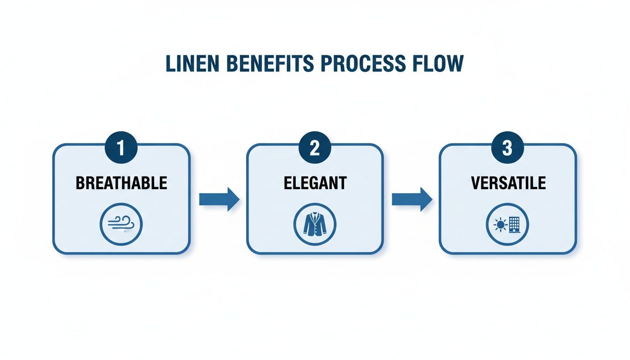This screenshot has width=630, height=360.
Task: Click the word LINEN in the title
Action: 191,64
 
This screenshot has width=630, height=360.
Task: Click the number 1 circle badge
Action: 121,149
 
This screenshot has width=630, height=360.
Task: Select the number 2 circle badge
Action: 315,149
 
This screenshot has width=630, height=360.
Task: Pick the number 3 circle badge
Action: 507,149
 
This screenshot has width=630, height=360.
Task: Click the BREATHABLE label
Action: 121,183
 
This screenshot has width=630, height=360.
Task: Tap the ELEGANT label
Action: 315,183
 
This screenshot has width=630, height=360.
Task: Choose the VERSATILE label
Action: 508,183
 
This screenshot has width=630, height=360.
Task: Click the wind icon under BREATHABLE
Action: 121,225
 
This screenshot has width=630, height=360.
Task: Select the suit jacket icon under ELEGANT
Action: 315,225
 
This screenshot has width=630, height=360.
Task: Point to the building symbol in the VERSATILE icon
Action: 514,225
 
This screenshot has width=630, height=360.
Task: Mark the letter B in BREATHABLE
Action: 80,183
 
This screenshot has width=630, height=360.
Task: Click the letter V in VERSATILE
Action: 475,183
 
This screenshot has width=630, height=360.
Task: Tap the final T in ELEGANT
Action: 342,183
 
